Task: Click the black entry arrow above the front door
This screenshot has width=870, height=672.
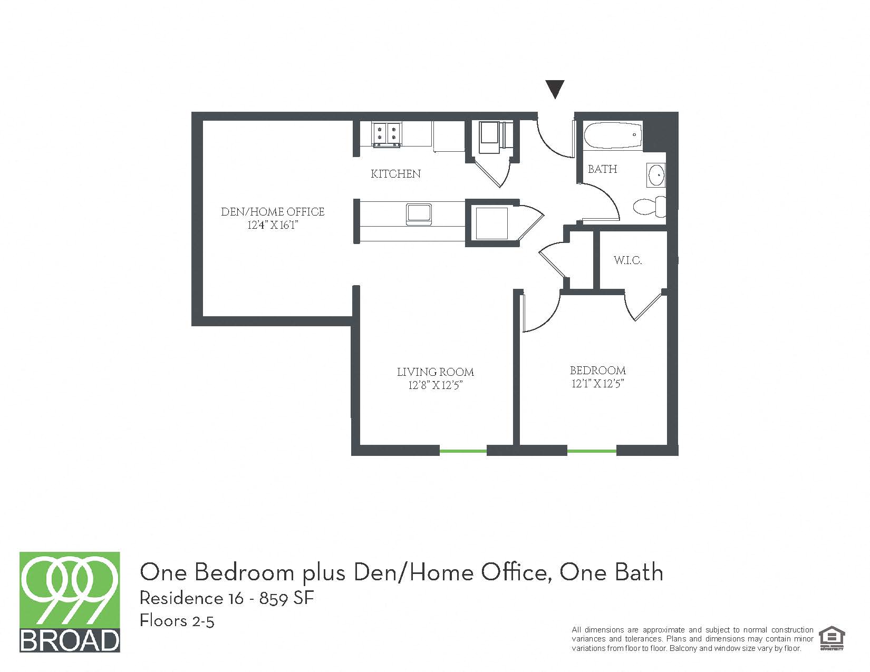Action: (x=555, y=89)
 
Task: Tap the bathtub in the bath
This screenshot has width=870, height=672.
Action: (x=613, y=135)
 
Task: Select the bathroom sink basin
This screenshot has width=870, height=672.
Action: (x=656, y=175)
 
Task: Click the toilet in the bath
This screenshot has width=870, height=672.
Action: (x=649, y=206)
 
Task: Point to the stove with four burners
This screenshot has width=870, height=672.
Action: (x=387, y=133)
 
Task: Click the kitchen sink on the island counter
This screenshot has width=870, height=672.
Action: (x=419, y=213)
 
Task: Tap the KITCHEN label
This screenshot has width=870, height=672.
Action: (x=395, y=174)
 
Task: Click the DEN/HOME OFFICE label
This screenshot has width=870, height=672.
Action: (x=273, y=212)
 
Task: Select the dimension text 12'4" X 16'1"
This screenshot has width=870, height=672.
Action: (x=273, y=226)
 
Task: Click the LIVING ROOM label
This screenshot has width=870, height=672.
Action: (x=435, y=372)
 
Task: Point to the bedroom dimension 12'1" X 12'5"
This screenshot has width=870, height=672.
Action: (x=597, y=384)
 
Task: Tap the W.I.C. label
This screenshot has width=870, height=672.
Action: (x=627, y=260)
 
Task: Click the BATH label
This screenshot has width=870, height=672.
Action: (x=602, y=169)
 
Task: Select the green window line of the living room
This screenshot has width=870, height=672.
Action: (x=463, y=451)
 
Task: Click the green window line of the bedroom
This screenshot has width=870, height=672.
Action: (x=592, y=451)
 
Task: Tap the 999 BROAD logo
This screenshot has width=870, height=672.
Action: (x=70, y=602)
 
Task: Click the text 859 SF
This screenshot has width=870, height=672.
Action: (x=286, y=598)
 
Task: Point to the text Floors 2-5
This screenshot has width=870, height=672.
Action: (x=177, y=621)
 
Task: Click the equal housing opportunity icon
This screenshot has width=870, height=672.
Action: (x=832, y=638)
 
